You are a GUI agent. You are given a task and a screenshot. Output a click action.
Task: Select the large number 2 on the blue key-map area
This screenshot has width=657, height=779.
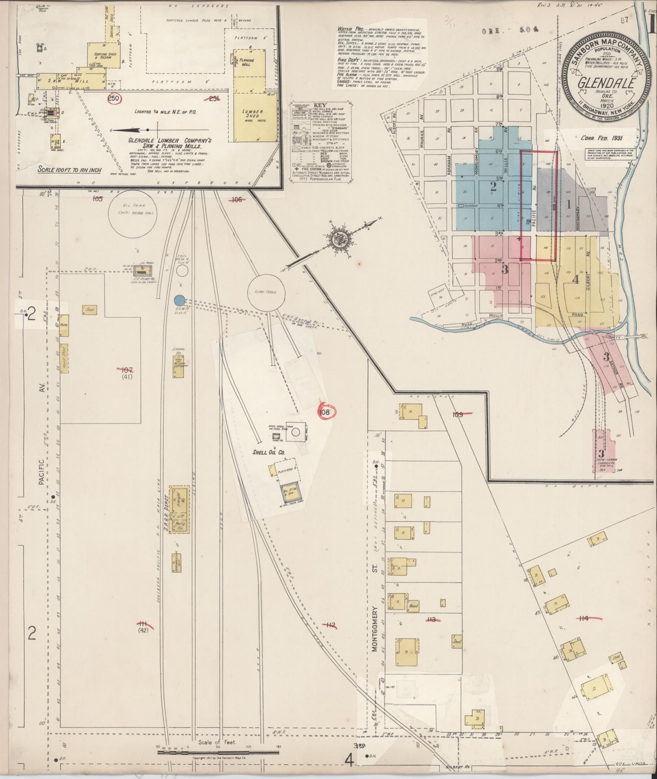494,187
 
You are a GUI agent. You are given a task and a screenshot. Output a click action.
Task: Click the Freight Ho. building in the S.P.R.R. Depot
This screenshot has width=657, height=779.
180,498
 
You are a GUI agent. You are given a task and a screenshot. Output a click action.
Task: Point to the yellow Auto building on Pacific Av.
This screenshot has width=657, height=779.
64,325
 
